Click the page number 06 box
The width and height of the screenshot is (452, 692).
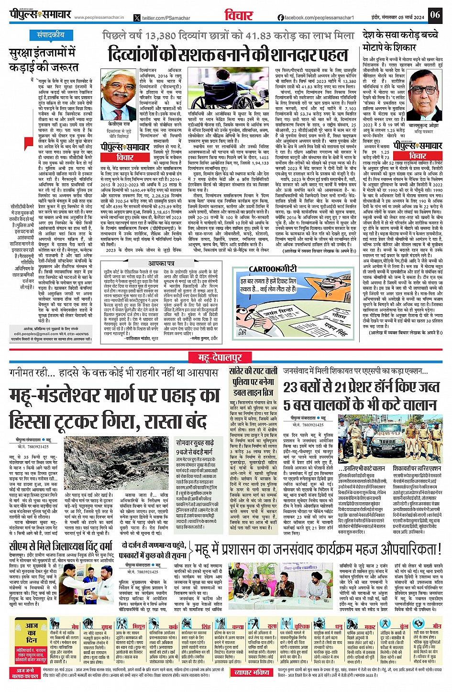[x=434, y=14]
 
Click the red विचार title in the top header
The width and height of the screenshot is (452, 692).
[x=239, y=15]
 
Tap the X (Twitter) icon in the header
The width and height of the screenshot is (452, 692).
[x=137, y=18]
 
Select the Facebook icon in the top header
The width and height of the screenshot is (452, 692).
[x=281, y=18]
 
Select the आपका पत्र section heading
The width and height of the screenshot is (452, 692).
[x=161, y=263]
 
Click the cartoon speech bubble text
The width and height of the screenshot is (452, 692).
[x=268, y=285]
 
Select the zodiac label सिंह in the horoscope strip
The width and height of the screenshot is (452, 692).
[x=206, y=626]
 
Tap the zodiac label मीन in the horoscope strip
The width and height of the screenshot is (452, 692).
[x=436, y=626]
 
